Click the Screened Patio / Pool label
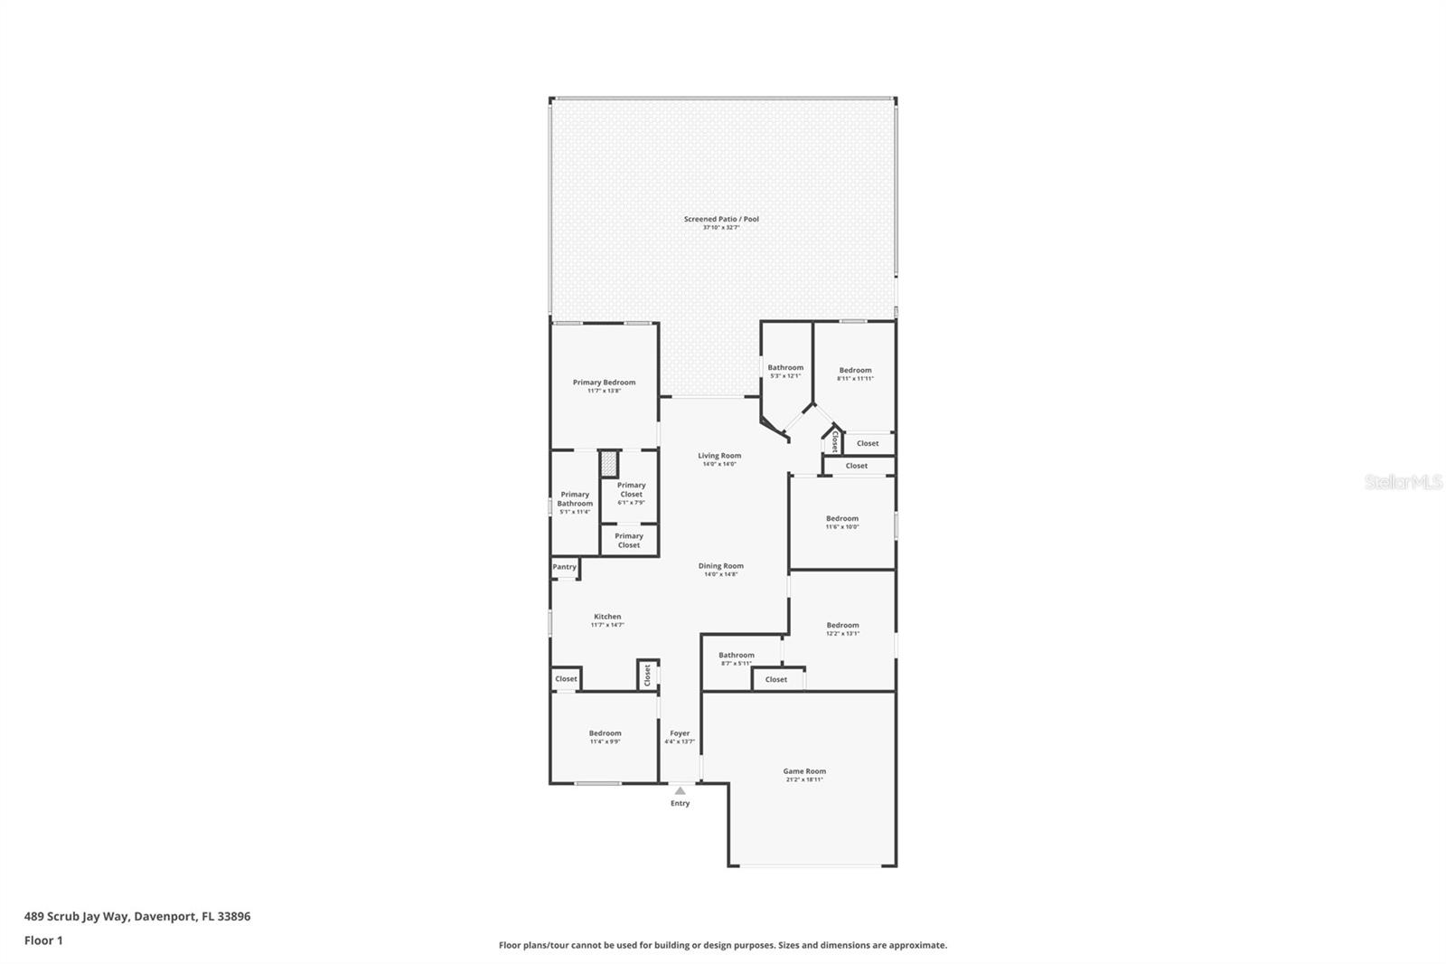pyautogui.click(x=720, y=219)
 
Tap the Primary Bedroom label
pyautogui.click(x=604, y=383)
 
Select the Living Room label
pyautogui.click(x=719, y=456)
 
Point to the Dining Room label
pyautogui.click(x=720, y=566)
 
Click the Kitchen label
pyautogui.click(x=606, y=617)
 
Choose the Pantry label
pyautogui.click(x=564, y=567)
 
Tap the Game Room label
pyautogui.click(x=803, y=771)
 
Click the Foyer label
pyautogui.click(x=680, y=733)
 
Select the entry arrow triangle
pyautogui.click(x=680, y=791)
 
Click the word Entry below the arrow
pyautogui.click(x=680, y=803)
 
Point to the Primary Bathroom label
pyautogui.click(x=575, y=498)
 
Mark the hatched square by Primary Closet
pyautogui.click(x=609, y=464)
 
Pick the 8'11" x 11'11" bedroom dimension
pyautogui.click(x=855, y=379)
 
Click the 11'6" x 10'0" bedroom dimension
pyautogui.click(x=842, y=527)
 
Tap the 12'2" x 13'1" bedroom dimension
pyautogui.click(x=842, y=634)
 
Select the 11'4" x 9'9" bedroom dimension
pyautogui.click(x=605, y=742)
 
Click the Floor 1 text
pyautogui.click(x=43, y=940)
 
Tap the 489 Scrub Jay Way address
pyautogui.click(x=137, y=916)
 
